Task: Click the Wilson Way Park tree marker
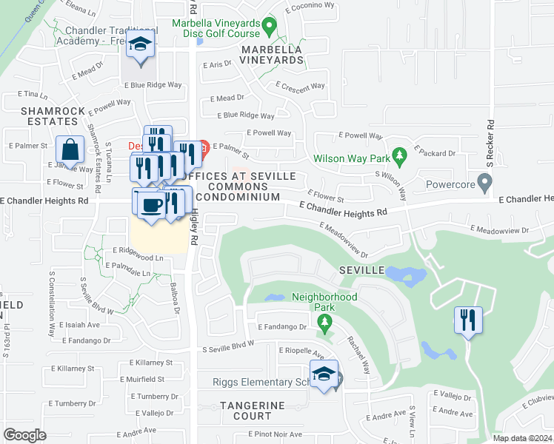[x=400, y=155]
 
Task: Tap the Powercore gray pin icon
[x=484, y=181]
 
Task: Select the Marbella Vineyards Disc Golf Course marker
[x=270, y=27]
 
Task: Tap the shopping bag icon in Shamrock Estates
[x=70, y=150]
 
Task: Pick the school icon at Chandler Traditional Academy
[x=140, y=45]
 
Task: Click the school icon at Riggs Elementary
[x=324, y=375]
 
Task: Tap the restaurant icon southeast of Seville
[x=468, y=320]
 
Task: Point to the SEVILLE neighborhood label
[x=363, y=271]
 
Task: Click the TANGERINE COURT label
[x=252, y=411]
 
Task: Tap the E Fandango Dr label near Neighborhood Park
[x=282, y=326]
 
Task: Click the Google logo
[x=24, y=435]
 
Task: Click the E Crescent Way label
[x=300, y=86]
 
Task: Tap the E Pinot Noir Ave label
[x=275, y=434]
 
